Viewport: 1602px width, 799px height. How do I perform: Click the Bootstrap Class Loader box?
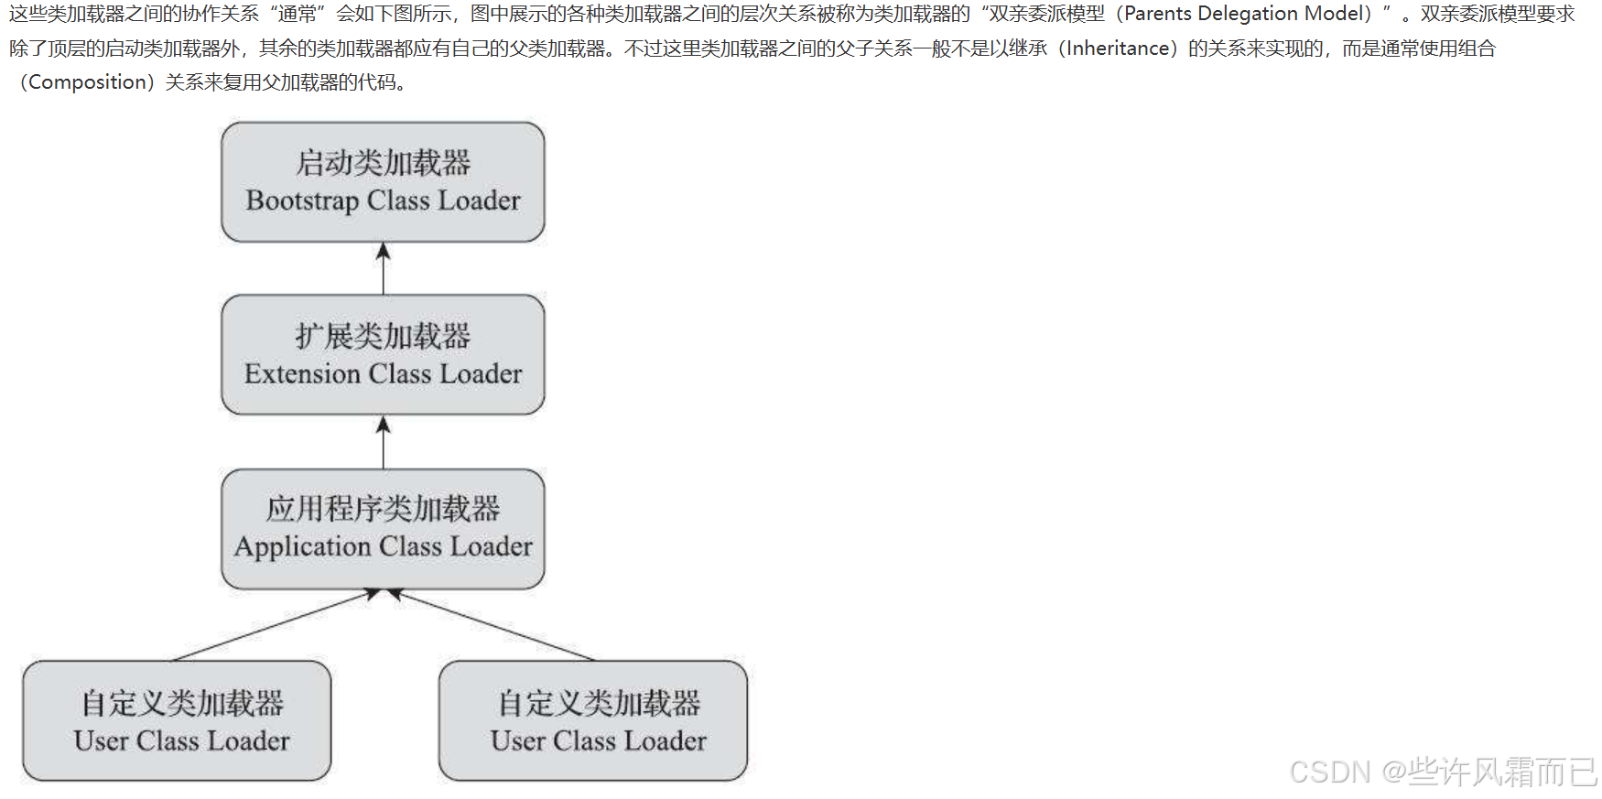click(383, 182)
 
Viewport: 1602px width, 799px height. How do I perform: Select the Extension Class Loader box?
click(383, 354)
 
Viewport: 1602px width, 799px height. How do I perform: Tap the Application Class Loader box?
click(383, 528)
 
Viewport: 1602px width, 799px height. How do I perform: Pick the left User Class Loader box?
click(177, 720)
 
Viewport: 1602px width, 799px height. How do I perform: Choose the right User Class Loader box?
click(593, 720)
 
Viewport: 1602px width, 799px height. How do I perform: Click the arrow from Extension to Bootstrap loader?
click(383, 268)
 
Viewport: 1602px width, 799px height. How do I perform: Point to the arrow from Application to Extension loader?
click(383, 442)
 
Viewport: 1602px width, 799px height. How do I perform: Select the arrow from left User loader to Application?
click(275, 625)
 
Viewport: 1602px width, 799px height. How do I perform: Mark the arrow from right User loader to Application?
click(494, 625)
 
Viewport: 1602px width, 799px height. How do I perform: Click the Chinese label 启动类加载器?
click(383, 163)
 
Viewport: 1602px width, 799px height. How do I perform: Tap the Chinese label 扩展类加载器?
click(383, 336)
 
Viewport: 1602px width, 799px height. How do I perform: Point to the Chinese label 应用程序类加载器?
click(383, 509)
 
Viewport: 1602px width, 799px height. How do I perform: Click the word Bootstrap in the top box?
click(302, 200)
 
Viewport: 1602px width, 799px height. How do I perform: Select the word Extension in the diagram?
click(302, 374)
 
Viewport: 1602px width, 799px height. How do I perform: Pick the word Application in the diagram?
click(302, 546)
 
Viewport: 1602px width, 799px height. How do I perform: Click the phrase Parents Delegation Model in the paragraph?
click(1248, 14)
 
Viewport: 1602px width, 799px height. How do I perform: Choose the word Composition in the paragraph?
click(88, 82)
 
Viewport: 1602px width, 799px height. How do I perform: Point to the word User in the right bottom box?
click(517, 740)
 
